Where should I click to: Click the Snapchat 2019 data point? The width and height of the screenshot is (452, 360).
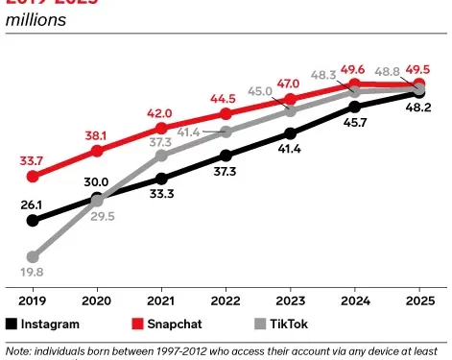pos(34,177)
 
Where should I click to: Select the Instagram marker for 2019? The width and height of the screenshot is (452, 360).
pos(34,220)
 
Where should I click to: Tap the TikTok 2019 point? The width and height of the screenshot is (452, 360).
pos(34,257)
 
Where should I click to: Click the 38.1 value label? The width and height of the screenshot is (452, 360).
pos(97,135)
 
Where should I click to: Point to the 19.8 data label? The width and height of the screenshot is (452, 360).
pos(33,273)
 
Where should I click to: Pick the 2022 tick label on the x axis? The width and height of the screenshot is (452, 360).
pos(226,299)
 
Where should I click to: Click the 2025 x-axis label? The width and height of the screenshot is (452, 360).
pos(418,299)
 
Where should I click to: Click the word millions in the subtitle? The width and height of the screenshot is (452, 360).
pos(36,20)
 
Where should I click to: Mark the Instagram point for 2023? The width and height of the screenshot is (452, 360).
pos(290,133)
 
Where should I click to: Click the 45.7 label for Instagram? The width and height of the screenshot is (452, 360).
pos(355,123)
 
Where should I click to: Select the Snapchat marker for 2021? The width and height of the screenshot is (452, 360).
pos(161,128)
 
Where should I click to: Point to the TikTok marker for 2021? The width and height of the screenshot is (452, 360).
pos(161,156)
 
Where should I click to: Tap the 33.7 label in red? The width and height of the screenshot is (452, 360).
pos(33,160)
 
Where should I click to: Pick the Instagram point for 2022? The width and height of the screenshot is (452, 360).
pos(226,155)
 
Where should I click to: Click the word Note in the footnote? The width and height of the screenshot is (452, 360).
pos(19,351)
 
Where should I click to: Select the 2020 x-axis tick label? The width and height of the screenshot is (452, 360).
pos(97,299)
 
